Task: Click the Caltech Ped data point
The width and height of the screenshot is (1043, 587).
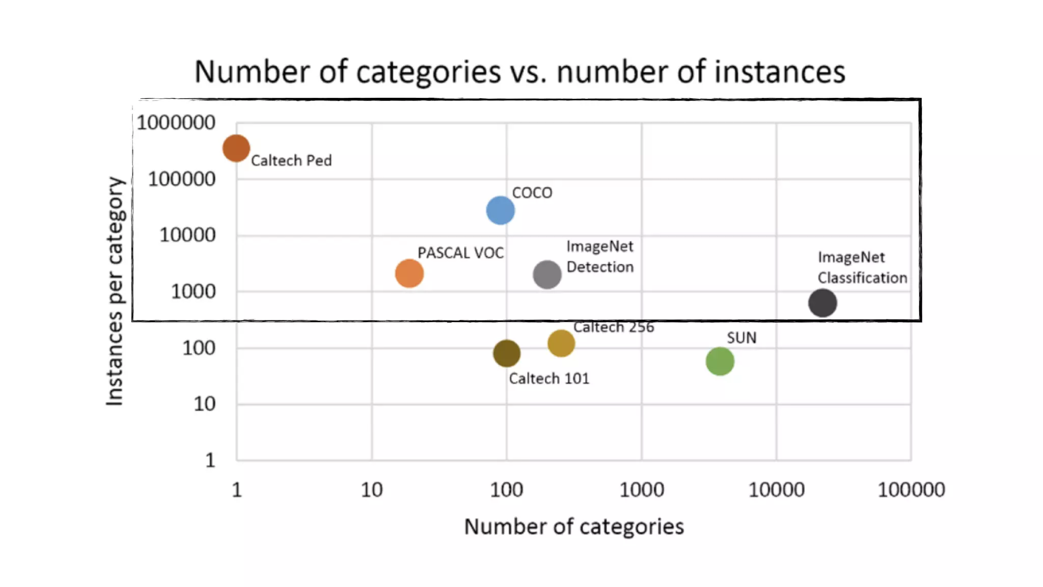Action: (236, 148)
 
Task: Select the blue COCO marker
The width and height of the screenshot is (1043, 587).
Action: (500, 210)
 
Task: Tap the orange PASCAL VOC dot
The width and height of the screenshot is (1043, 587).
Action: (409, 273)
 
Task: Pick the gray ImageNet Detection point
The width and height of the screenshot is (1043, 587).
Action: (547, 275)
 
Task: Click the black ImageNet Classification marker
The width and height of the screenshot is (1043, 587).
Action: (822, 303)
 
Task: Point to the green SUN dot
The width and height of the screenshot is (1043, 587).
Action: (720, 361)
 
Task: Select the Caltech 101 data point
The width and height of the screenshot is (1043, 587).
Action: (506, 353)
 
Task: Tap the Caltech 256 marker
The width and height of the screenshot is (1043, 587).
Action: (561, 343)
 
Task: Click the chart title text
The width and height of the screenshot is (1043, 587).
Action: (519, 71)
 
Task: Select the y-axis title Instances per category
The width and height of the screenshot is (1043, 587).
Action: (115, 291)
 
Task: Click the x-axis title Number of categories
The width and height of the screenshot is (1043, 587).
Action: (573, 526)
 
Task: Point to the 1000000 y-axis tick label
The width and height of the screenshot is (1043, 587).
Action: (176, 123)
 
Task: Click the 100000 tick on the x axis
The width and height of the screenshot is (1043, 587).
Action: (911, 490)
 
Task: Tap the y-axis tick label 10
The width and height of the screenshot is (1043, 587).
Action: (204, 404)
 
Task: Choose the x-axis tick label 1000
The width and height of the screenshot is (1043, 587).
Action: (641, 490)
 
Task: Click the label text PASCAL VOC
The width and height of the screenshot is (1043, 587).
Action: (460, 253)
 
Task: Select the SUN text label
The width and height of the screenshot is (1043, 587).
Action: (741, 338)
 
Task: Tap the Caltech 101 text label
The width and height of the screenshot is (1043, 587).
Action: (548, 379)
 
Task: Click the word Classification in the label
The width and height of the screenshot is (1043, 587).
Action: (862, 278)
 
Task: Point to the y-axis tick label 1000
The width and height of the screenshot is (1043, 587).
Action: (193, 291)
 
